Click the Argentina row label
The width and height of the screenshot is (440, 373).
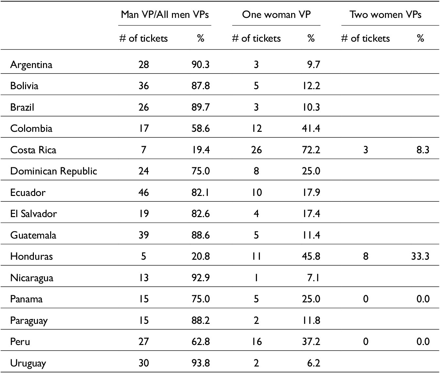[x=31, y=65]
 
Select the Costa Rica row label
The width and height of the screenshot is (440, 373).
[x=33, y=150]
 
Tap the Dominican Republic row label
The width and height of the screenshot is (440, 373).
[x=54, y=171]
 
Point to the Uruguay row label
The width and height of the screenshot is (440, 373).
[x=28, y=363]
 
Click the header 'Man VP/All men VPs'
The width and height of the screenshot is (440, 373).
[x=165, y=14]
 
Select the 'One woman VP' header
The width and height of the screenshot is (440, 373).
[x=276, y=14]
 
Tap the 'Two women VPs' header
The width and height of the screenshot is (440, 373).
[x=386, y=14]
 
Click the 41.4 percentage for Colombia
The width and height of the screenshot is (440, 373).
[x=311, y=129]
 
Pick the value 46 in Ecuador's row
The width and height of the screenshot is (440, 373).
[x=144, y=192]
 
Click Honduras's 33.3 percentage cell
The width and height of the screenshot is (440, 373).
[x=420, y=256]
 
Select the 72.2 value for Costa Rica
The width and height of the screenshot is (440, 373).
[x=311, y=150]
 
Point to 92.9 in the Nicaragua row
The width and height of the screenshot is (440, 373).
[x=201, y=277]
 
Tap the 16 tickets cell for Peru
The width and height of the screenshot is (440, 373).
[x=256, y=341]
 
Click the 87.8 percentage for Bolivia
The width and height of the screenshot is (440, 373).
[x=201, y=86]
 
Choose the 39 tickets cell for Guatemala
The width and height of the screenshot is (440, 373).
[x=144, y=235]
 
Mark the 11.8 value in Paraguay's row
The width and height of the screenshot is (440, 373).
[x=311, y=320]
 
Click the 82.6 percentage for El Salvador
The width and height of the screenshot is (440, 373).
[x=201, y=214]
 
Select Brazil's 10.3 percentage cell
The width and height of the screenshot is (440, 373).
[x=311, y=107]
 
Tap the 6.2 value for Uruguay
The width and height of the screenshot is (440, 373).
[x=314, y=363]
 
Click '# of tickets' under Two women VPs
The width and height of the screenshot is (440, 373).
[x=365, y=38]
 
